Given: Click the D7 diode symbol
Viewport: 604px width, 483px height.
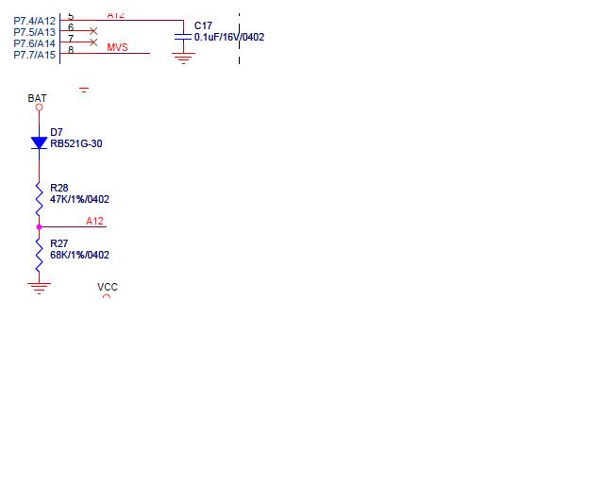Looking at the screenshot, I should click(39, 143).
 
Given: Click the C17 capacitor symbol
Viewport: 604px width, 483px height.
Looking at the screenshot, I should click(183, 36).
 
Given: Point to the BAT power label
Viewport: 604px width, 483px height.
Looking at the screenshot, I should click(37, 98).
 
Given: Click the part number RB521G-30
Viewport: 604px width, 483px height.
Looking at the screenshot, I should click(76, 143).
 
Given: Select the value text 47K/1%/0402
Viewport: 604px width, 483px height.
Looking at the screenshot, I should click(79, 199).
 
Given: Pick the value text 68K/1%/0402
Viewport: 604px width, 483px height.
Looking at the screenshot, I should click(79, 255).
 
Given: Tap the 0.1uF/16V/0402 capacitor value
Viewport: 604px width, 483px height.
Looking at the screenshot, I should click(229, 37).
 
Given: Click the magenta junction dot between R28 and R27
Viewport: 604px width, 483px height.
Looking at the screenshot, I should click(39, 226).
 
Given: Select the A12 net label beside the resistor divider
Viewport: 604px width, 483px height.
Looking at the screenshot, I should click(95, 221).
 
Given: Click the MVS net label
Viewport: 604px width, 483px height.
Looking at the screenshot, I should click(117, 47).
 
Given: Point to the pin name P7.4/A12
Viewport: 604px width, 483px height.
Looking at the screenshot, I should click(35, 21).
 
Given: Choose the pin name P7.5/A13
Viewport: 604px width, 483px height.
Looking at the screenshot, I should click(35, 32).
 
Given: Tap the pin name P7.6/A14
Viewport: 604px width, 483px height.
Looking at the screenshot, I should click(35, 43).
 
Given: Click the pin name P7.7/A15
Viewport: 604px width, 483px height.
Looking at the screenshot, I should click(35, 55).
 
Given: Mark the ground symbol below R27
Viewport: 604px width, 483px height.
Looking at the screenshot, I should click(39, 287).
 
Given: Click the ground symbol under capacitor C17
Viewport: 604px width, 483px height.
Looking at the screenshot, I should click(183, 57).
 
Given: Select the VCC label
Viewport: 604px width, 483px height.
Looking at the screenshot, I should click(108, 287).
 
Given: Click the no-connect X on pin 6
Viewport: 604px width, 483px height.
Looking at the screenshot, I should click(92, 31).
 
